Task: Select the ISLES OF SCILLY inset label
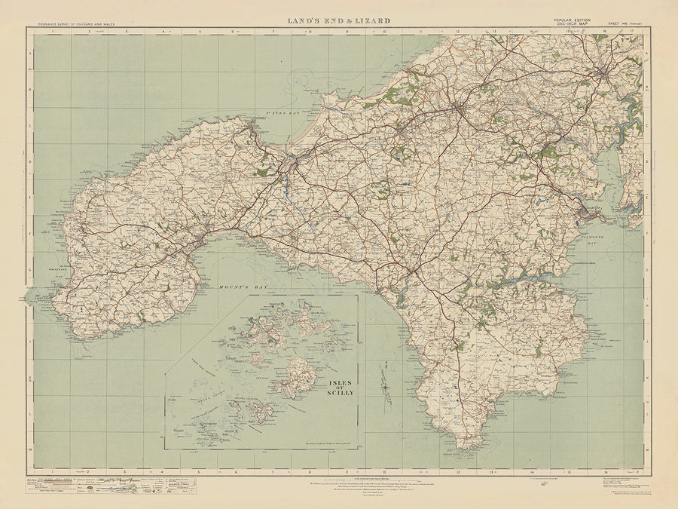tap(337, 387)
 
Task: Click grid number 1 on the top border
tap(53, 32)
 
